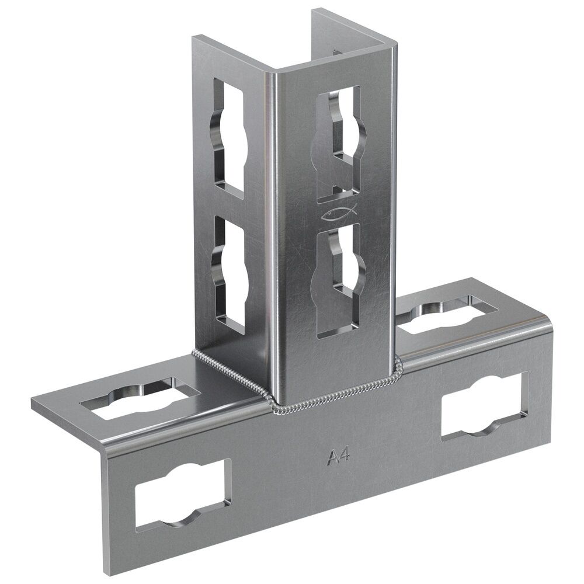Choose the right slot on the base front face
point(485,406)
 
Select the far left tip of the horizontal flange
point(34,402)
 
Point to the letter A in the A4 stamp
point(331,457)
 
